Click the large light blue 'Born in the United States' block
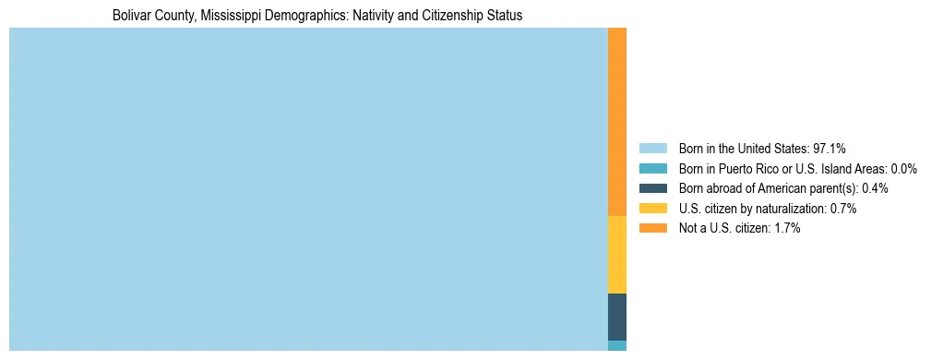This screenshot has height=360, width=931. click(x=308, y=189)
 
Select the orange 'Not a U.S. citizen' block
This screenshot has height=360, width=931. click(x=616, y=122)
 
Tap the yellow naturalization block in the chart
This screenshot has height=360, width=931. click(x=616, y=255)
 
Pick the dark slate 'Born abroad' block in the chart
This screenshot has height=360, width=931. click(x=616, y=317)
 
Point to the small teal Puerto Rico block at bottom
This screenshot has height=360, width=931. click(x=616, y=345)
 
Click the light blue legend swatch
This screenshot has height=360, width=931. click(x=652, y=149)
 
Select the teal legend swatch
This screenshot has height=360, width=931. click(x=652, y=169)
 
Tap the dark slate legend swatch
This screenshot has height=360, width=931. click(x=652, y=188)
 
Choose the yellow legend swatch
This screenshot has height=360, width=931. click(x=652, y=209)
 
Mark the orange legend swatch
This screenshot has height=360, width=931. click(x=652, y=228)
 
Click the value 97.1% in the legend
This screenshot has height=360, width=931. click(x=829, y=149)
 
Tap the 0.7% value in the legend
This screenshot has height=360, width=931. click(x=842, y=209)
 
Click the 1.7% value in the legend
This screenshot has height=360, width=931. click(x=786, y=228)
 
